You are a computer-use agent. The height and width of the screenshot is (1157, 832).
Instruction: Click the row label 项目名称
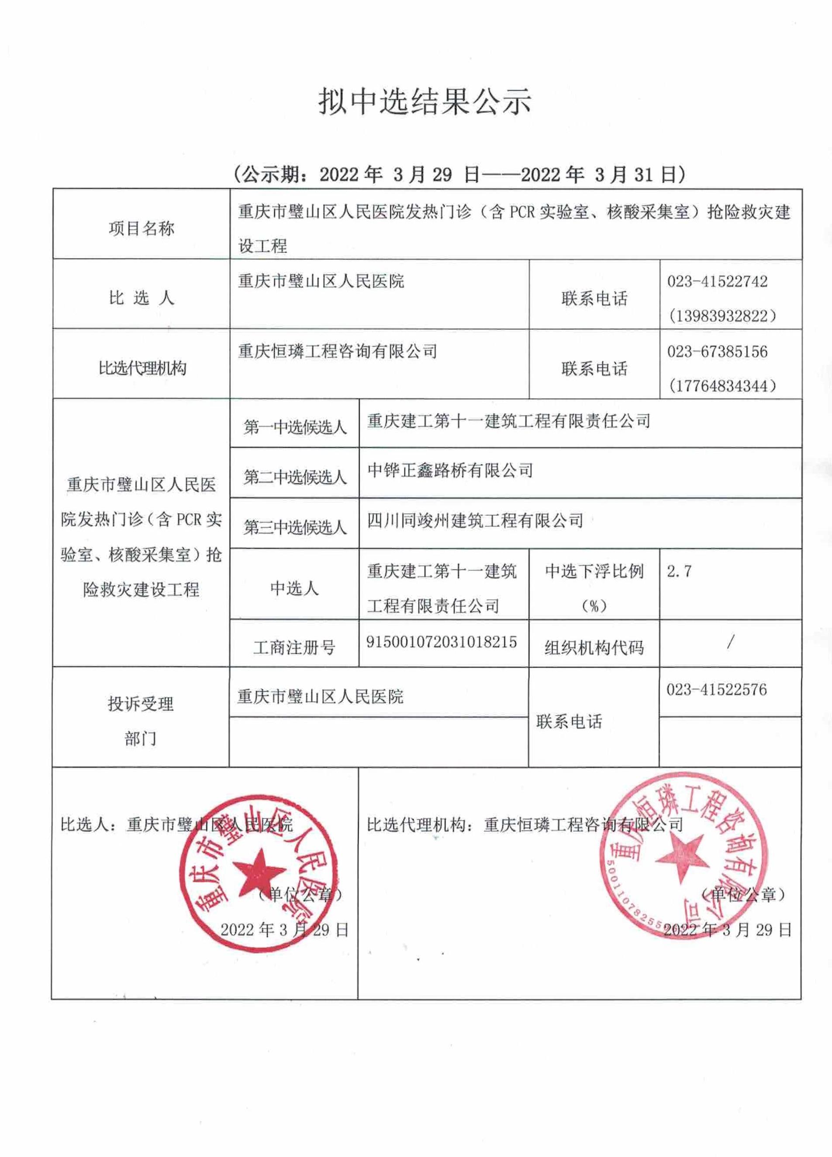(x=141, y=229)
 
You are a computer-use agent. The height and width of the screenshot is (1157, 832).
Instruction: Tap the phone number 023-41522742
(x=717, y=281)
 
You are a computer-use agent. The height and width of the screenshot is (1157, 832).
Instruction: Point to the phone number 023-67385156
(x=717, y=351)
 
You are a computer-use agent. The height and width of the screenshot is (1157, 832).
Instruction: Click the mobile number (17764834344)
(x=722, y=386)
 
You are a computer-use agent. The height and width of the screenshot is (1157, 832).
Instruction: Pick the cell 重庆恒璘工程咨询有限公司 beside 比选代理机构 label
(x=338, y=351)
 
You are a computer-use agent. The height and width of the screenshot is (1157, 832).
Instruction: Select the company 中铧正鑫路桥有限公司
(x=450, y=470)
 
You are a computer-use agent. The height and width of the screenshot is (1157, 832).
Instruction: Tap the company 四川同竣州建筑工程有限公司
(x=475, y=520)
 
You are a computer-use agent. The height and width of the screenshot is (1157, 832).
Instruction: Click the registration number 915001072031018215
(x=442, y=642)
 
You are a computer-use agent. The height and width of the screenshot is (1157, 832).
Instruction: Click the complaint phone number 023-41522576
(x=716, y=690)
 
